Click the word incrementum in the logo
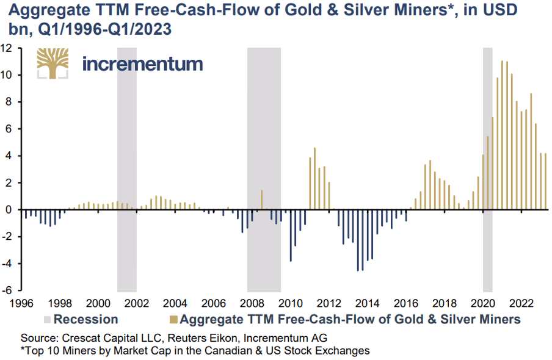[x=142, y=63]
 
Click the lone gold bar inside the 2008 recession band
[x=261, y=200]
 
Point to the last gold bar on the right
[x=545, y=181]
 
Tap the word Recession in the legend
[x=85, y=319]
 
